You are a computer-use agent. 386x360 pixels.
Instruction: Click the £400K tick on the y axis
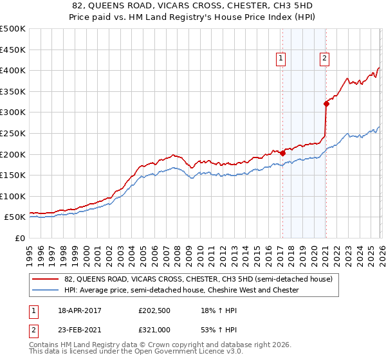pos(13,70)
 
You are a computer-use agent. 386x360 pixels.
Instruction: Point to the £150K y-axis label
pos(13,175)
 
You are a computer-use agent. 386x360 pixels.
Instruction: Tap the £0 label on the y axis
pos(20,238)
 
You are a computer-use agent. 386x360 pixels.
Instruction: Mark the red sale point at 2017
pos(282,153)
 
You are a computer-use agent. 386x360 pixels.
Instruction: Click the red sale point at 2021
pos(326,104)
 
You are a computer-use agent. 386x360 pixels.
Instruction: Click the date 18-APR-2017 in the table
pos(79,310)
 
